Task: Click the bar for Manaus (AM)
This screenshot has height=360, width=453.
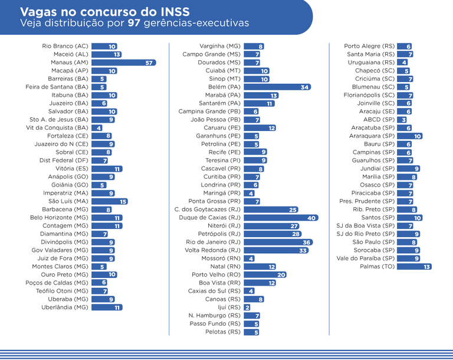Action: (123, 63)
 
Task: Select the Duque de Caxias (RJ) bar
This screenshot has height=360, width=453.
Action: (281, 218)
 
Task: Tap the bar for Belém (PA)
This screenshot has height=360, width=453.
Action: (277, 87)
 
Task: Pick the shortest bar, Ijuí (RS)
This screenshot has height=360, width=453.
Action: (247, 307)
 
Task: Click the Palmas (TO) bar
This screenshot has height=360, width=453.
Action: (414, 267)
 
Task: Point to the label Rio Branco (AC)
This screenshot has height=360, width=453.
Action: (65, 46)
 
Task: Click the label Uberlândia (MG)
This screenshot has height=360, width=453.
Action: (64, 307)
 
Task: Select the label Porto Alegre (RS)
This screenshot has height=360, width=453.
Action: (369, 46)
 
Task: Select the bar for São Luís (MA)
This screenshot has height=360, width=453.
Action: (109, 201)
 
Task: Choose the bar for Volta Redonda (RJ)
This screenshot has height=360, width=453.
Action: (276, 250)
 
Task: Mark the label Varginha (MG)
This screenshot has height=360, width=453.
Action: (220, 46)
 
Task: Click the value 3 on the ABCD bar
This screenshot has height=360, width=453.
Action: (403, 120)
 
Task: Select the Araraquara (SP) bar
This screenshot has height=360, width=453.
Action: (409, 136)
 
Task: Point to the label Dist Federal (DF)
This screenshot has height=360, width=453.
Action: (64, 161)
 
